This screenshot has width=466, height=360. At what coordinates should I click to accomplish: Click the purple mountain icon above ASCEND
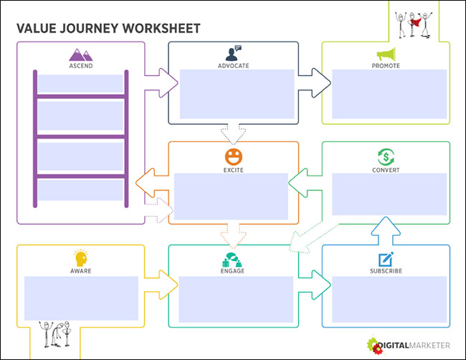click(x=80, y=54)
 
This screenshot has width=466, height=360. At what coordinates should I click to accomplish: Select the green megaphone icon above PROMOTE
click(x=386, y=54)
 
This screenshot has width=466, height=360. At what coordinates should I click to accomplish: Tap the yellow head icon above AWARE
click(x=80, y=258)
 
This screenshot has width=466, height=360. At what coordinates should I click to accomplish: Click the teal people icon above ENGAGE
click(x=234, y=258)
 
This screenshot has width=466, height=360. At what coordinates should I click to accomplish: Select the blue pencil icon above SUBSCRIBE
click(x=386, y=258)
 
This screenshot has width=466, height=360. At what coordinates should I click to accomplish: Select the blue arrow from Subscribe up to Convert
click(x=386, y=228)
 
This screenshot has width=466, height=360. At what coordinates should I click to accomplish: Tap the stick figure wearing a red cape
click(x=415, y=22)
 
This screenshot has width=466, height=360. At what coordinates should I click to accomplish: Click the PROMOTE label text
click(x=386, y=66)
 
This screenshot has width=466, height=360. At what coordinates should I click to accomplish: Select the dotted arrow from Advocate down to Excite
click(x=234, y=133)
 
